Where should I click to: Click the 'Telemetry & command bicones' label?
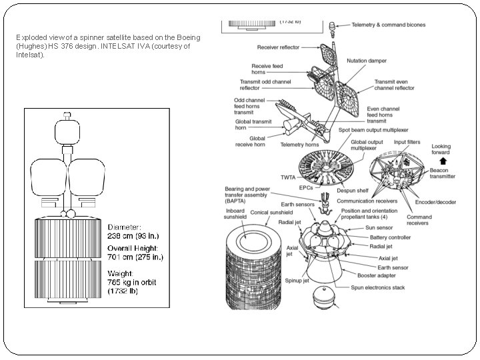click(x=389, y=25)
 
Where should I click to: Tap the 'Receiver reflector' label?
click(x=278, y=47)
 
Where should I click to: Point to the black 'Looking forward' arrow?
click(x=442, y=161)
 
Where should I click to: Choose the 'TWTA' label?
click(x=287, y=178)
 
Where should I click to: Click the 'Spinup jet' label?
click(x=298, y=281)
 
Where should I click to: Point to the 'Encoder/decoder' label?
click(x=435, y=201)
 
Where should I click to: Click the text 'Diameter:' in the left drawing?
click(x=124, y=226)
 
